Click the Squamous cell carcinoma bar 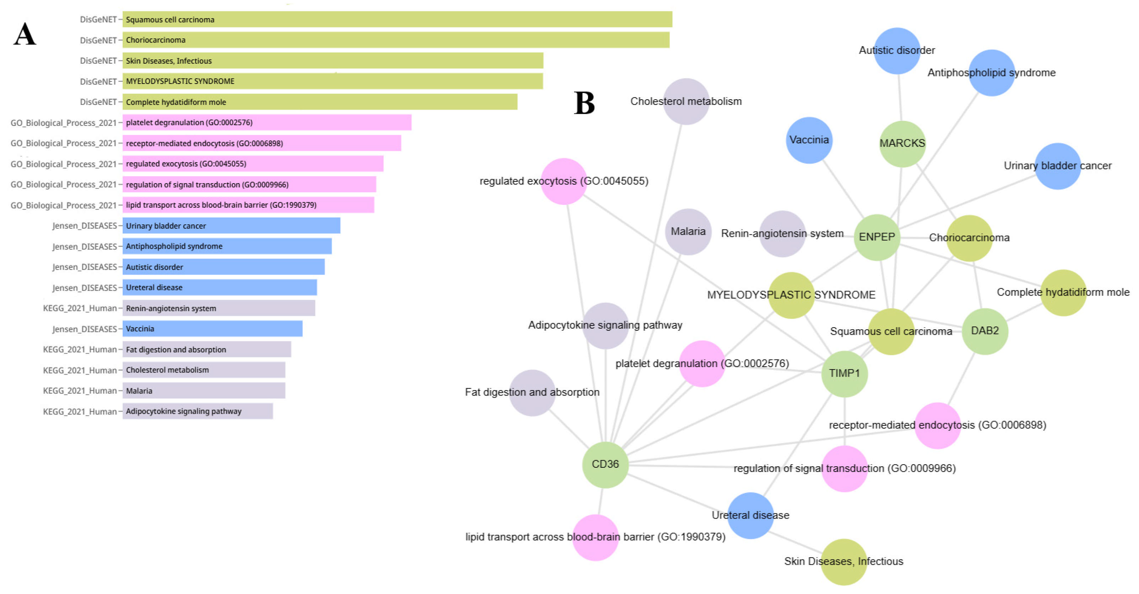pyautogui.click(x=397, y=20)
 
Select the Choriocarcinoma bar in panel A pyautogui.click(x=396, y=40)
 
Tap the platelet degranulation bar pyautogui.click(x=267, y=122)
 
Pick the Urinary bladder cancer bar pyautogui.click(x=231, y=226)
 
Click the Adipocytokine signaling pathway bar pyautogui.click(x=198, y=411)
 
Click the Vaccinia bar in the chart pyautogui.click(x=212, y=329)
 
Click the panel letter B pyautogui.click(x=584, y=103)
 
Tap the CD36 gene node pyautogui.click(x=605, y=465)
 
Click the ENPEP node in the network pyautogui.click(x=876, y=237)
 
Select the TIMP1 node pyautogui.click(x=844, y=374)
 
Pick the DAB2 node pyautogui.click(x=985, y=331)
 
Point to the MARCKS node pyautogui.click(x=902, y=143)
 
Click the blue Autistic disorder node pyautogui.click(x=897, y=51)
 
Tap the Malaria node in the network pyautogui.click(x=688, y=231)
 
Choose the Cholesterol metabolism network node pyautogui.click(x=686, y=101)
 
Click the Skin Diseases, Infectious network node pyautogui.click(x=843, y=562)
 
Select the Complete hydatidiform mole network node pyautogui.click(x=1063, y=292)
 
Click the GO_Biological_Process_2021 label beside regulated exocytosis pyautogui.click(x=63, y=164)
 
